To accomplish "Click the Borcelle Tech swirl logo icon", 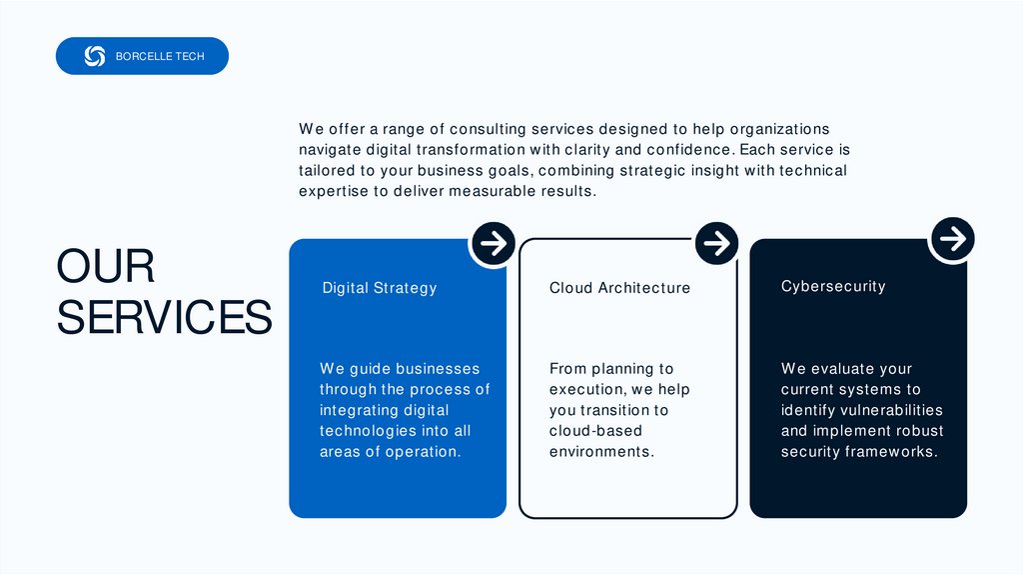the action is point(95,56).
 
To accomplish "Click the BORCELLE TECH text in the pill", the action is point(160,56).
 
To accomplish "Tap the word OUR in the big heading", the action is point(106,267).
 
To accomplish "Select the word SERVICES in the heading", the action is point(164,317).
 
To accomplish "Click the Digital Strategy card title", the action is point(380,288).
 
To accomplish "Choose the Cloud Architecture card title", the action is point(619,288).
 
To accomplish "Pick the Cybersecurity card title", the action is point(833,286).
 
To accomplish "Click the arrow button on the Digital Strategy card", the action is point(493,243).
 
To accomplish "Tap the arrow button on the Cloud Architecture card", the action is point(715,243).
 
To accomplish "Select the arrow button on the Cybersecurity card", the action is point(953,239).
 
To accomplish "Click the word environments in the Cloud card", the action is point(600,451).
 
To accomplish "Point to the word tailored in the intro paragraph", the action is point(327,170).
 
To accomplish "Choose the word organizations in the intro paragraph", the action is point(780,129).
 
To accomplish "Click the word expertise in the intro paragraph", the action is point(334,191).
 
